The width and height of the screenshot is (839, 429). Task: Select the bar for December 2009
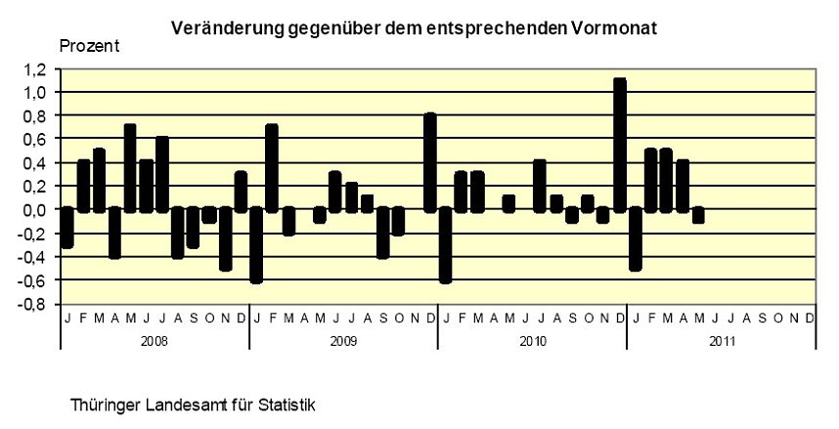tap(430, 162)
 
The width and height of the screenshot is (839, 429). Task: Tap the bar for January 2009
tap(256, 244)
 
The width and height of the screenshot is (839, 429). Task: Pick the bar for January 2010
tap(446, 244)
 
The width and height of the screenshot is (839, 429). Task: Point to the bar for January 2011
tap(635, 238)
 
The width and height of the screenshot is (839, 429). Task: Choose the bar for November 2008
tap(225, 238)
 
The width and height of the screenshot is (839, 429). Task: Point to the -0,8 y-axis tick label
tap(35, 304)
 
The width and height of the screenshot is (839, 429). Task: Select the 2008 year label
tap(154, 341)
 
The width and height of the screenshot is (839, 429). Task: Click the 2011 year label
tap(720, 341)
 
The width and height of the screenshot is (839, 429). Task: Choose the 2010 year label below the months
tap(531, 341)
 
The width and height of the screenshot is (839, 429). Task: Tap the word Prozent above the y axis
tap(90, 47)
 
